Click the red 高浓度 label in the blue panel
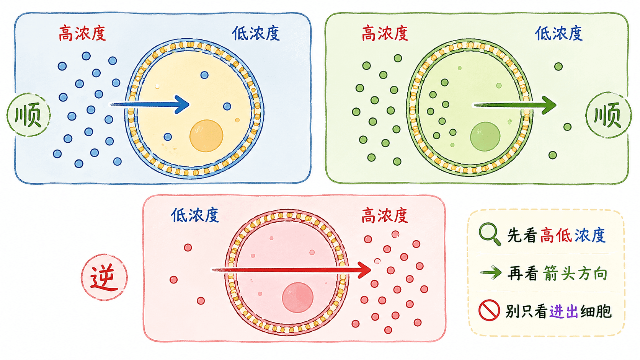point(82,34)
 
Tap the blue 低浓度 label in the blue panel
point(256,34)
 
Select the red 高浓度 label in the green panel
point(385,33)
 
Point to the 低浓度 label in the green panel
point(558,33)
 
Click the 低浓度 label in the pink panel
point(195,215)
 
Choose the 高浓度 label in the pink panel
point(385,215)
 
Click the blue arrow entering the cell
point(150,104)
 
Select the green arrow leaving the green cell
point(515,105)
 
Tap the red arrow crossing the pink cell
point(291,270)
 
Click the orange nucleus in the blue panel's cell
point(206,136)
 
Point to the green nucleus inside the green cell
point(485,137)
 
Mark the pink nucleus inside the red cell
point(297,298)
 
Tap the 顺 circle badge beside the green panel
point(608,115)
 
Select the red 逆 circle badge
point(104,277)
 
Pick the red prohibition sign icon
point(489,310)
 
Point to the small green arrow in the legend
point(491,273)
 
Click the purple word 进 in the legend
point(556,311)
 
